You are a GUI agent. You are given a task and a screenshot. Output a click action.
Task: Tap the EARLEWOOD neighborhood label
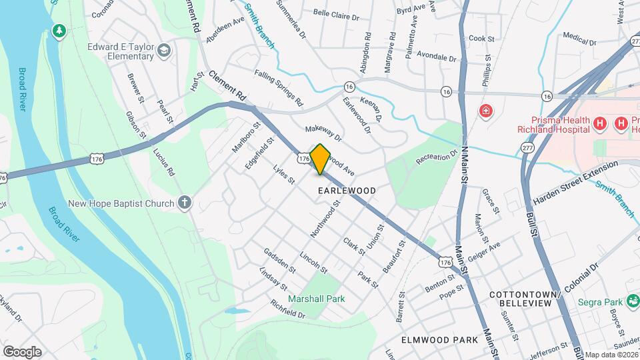coord(347,191)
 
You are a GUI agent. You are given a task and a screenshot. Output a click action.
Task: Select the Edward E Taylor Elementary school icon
coord(163,51)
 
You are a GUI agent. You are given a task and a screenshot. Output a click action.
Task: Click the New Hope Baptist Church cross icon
coord(185,202)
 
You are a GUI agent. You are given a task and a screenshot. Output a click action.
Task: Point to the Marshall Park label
coord(317,299)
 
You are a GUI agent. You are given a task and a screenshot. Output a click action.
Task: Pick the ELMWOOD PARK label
coord(439,340)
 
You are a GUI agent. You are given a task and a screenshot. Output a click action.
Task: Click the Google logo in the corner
coord(22,351)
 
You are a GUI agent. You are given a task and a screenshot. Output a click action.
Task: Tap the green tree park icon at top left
coord(59,31)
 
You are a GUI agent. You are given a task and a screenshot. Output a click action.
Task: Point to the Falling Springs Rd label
coord(279,88)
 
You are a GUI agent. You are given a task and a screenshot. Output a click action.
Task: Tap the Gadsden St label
coord(279,260)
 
